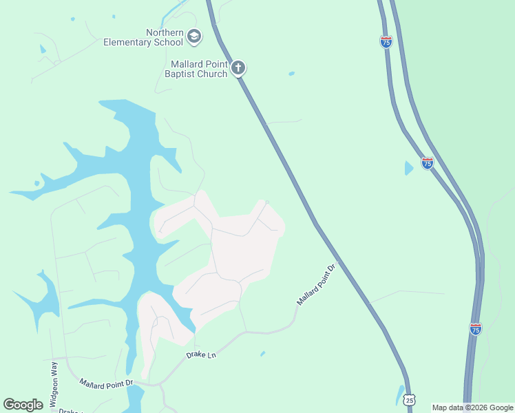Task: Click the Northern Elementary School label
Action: (143, 37)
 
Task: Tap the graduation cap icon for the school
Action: (194, 36)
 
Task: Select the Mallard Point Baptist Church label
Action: (199, 69)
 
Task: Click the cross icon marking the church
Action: (238, 67)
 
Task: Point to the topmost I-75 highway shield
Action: (386, 42)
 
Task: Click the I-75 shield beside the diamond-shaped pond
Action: (428, 163)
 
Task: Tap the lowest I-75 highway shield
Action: (475, 329)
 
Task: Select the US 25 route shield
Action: (410, 399)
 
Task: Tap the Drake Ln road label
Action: (201, 355)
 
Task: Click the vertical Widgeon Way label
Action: (54, 386)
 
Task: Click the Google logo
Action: (23, 405)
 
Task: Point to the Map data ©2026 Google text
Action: (473, 407)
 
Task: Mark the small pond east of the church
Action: (292, 73)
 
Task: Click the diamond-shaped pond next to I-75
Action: (409, 167)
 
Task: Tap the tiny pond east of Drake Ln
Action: (262, 354)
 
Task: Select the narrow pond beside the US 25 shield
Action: (400, 394)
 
